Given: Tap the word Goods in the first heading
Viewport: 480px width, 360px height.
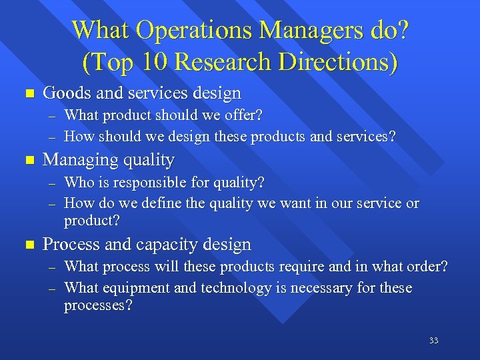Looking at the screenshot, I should (x=63, y=93).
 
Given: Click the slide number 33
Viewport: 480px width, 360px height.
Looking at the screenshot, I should (x=433, y=341).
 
